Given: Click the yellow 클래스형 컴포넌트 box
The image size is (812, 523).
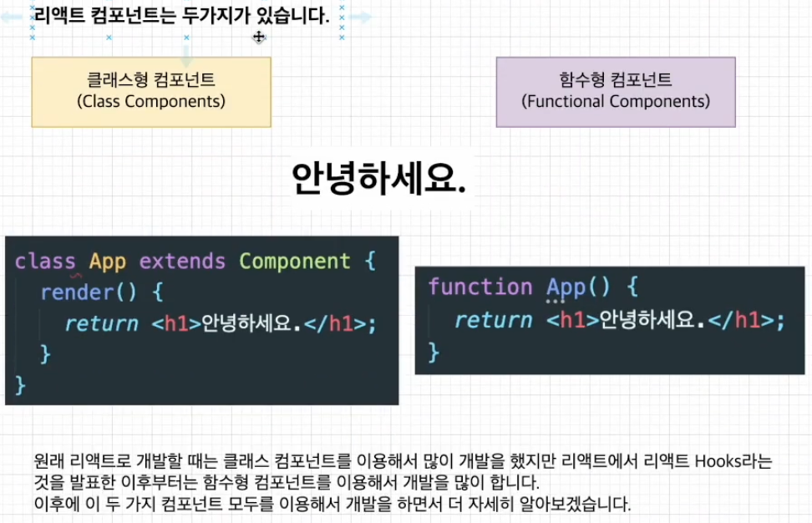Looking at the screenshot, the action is pos(151,91).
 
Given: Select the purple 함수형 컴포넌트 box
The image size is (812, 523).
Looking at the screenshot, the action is pos(616,91).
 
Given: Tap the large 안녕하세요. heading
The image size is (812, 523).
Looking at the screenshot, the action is pos(378,177).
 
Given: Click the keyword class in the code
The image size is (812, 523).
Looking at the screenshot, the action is pos(45,261).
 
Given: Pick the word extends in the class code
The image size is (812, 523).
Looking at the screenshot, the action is pos(182,261).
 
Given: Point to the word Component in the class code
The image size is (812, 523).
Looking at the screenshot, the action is pos(294,261).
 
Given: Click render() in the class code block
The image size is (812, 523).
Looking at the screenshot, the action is pos(88,292).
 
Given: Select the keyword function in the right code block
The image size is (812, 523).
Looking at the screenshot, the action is pos(480,287).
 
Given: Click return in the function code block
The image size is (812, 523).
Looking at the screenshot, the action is pos(493,320).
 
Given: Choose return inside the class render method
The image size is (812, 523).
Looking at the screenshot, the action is pos(101,323).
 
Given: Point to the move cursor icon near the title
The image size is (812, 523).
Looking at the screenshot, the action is pos(259,37).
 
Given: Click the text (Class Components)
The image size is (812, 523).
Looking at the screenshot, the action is pos(151,102).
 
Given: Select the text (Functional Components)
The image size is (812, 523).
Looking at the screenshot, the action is pos(616,102).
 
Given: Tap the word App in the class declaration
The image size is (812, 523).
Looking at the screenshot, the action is pos(108,261).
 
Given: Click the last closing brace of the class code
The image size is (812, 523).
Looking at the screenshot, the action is pos(21,385).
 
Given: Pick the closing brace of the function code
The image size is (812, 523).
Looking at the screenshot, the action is pos(434,353).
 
